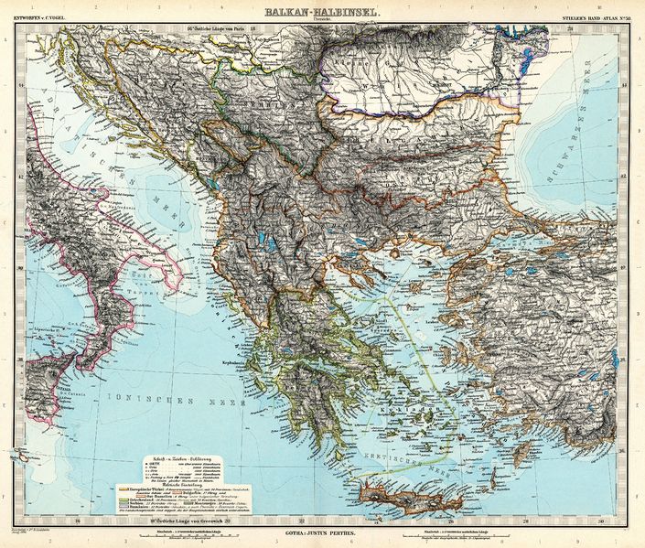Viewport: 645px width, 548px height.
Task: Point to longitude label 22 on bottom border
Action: [283, 522]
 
